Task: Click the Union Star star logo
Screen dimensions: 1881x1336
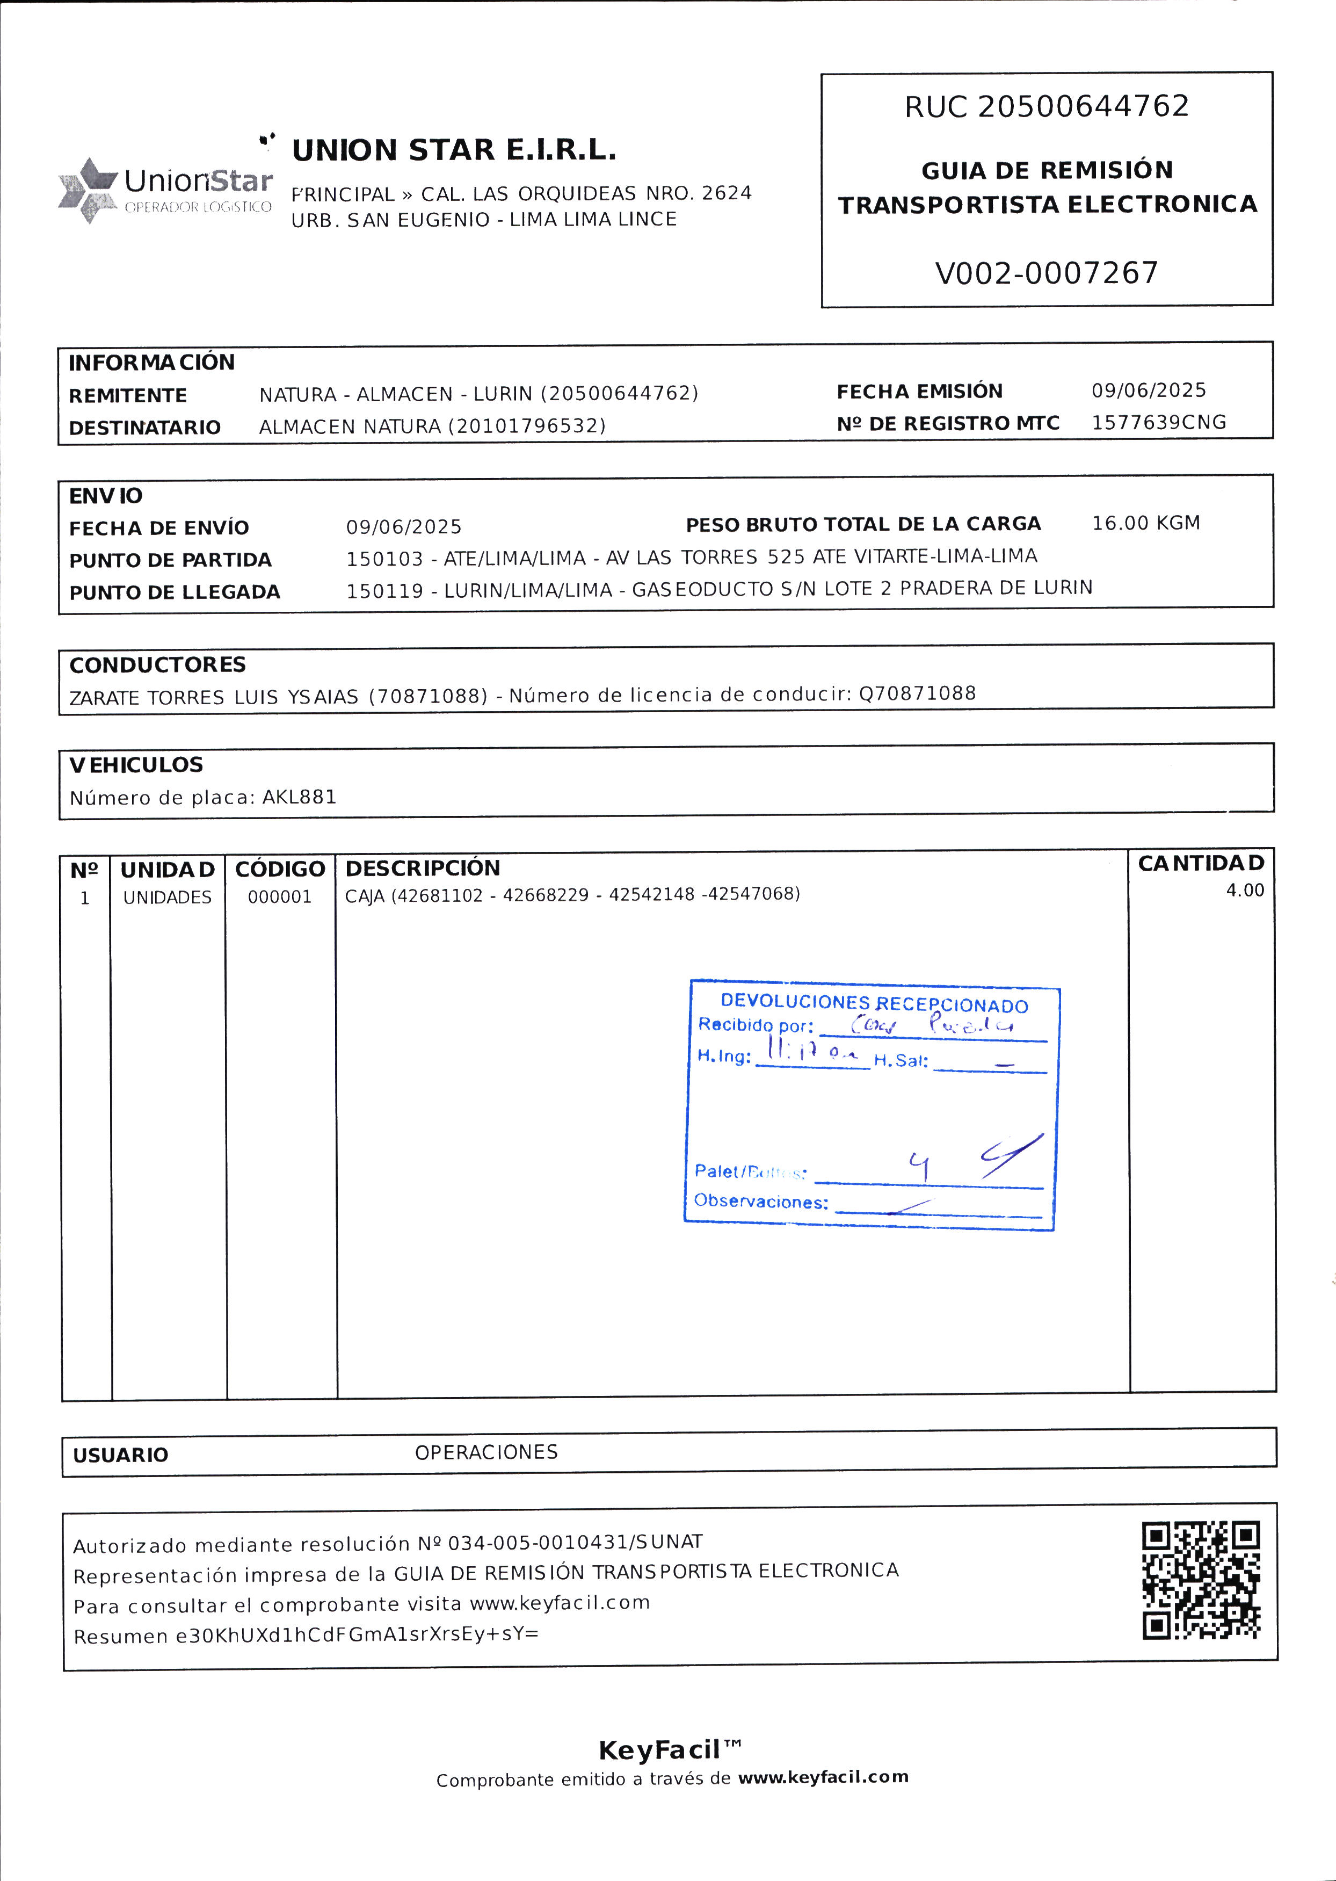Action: pos(87,190)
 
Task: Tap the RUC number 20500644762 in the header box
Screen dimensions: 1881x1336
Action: pos(1083,107)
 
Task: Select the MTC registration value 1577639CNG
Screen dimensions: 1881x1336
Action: pos(1158,422)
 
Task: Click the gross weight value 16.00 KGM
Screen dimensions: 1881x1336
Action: pos(1145,523)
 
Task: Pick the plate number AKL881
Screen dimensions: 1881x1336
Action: pos(300,797)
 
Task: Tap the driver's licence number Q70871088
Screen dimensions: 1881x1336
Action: pos(917,693)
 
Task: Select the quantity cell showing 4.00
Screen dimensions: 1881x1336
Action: pos(1245,891)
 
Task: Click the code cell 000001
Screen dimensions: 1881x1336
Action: pos(280,897)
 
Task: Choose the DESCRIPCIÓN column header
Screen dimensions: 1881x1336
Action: pos(422,868)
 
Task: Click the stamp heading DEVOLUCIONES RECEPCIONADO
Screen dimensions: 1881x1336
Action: pos(874,1004)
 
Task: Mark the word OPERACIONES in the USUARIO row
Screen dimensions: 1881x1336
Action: pos(486,1452)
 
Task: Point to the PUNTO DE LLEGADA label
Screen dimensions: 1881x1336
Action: pos(175,592)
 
